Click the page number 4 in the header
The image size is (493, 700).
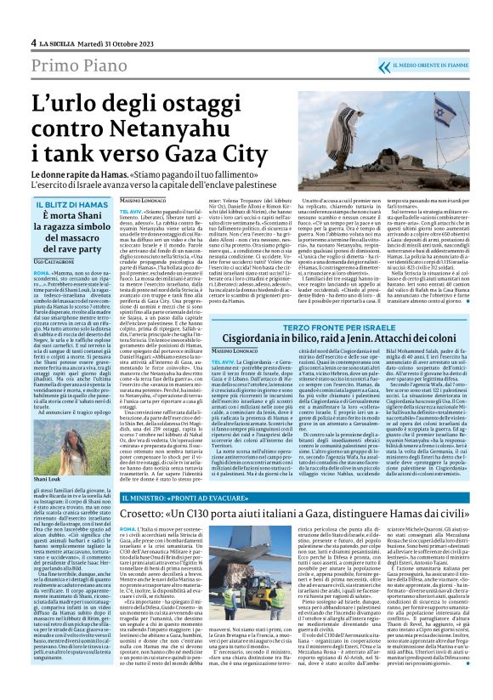coord(32,17)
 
